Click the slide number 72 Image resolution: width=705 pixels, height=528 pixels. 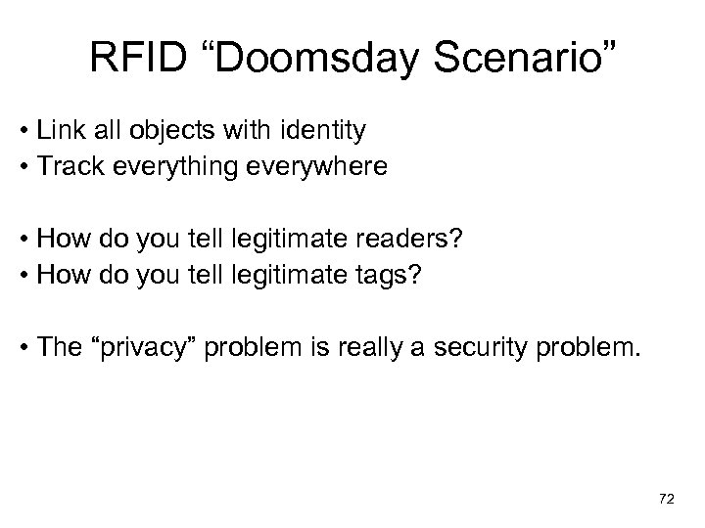pos(666,499)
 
